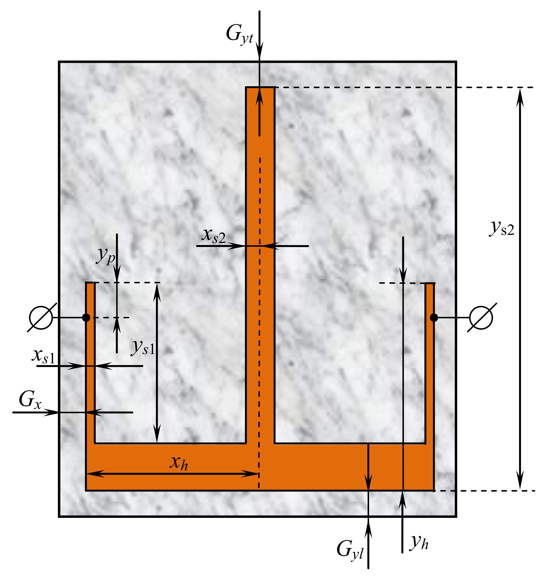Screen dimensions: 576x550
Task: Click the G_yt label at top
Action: pyautogui.click(x=239, y=35)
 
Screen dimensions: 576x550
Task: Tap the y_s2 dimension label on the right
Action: pyautogui.click(x=502, y=228)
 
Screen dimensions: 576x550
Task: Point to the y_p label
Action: pyautogui.click(x=106, y=256)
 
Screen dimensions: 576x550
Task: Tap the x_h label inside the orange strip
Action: pyautogui.click(x=179, y=463)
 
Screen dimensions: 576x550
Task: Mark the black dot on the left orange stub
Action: pyautogui.click(x=86, y=317)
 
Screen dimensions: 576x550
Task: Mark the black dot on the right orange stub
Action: pyautogui.click(x=434, y=317)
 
